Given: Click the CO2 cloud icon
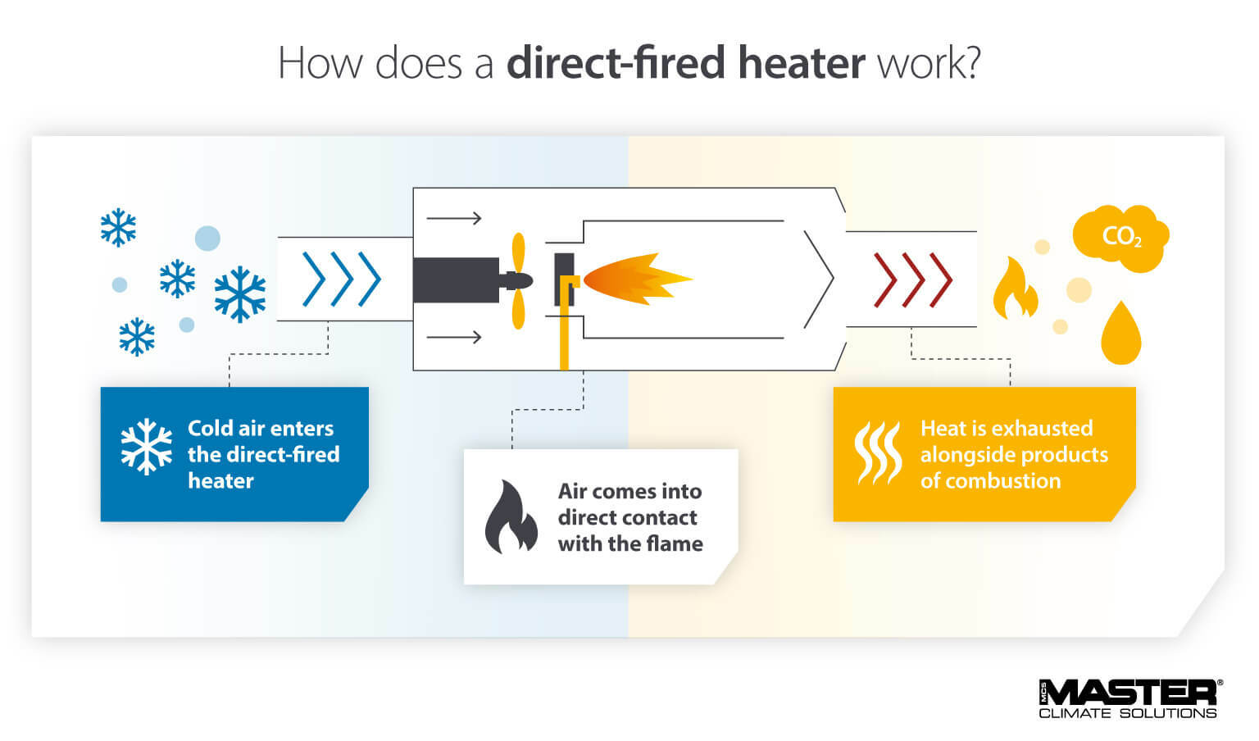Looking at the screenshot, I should coord(1120,238).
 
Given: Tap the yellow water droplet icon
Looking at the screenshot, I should coord(1120,334).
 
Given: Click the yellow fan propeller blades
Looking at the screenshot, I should coord(518,281).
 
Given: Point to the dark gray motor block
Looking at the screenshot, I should coord(456,280).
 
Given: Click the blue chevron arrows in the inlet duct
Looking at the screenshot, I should coord(342,279).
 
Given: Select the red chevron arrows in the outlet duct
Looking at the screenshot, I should coord(912,280).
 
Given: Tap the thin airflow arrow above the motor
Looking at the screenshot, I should coord(453,218).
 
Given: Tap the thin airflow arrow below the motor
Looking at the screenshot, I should coord(453,336).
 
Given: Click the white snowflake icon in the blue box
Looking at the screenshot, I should coord(147,447).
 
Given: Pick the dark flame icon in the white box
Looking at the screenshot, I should coord(510,516).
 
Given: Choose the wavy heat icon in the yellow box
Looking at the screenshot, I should coord(877,452).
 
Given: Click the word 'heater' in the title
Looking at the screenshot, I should coord(801,63).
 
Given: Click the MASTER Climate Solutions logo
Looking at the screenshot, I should coord(1129,698).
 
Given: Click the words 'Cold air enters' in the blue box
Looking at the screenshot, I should coord(261,428).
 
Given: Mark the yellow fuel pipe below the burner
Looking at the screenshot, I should coord(564,336).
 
